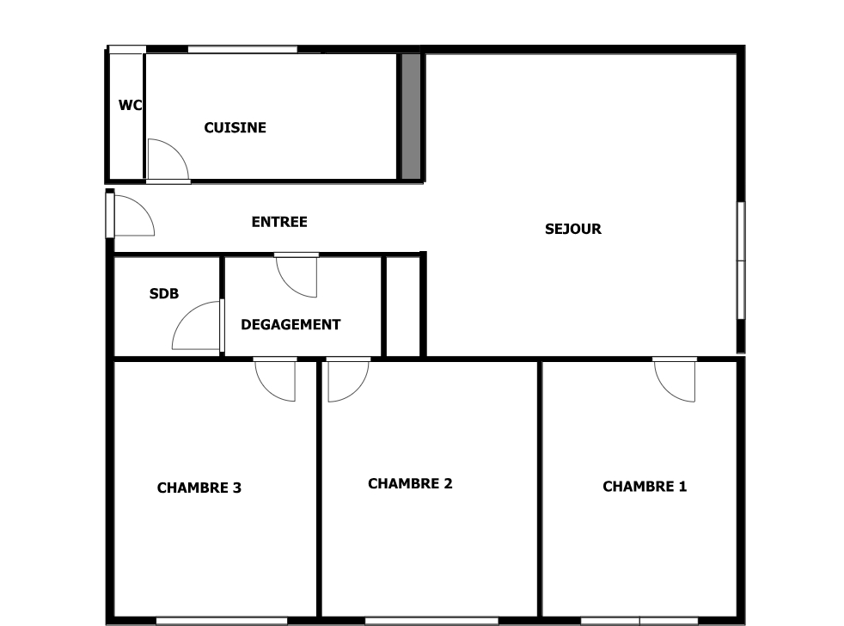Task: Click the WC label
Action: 130,106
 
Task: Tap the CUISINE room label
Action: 235,127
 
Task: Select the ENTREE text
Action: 278,222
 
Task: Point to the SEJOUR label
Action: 572,229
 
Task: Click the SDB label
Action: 164,293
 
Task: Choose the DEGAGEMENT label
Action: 291,324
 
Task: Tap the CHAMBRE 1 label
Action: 645,486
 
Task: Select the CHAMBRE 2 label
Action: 410,483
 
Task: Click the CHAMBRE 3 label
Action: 199,488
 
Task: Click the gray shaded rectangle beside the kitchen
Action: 411,116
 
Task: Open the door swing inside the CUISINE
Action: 165,161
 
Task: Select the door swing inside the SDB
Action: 198,327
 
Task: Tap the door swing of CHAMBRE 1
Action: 676,379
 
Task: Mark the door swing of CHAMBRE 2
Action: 347,379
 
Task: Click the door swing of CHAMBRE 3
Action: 276,379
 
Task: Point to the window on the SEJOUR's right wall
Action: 741,261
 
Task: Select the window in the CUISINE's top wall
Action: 242,49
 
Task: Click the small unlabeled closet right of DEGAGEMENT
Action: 402,305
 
